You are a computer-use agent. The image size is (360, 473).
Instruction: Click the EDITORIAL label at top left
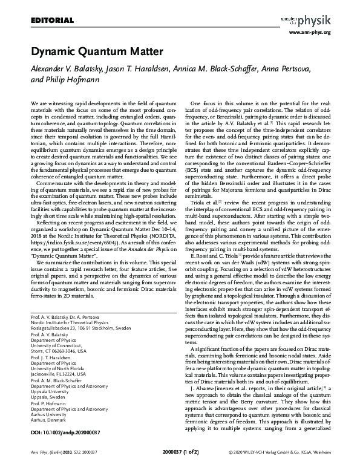pos(47,21)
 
